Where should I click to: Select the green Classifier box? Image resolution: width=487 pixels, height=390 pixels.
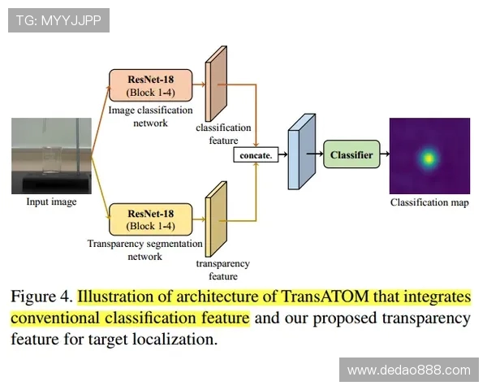coord(351,154)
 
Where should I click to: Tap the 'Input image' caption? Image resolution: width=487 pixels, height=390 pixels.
coord(50,201)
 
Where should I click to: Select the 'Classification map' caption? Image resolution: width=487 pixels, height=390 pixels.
coord(429,201)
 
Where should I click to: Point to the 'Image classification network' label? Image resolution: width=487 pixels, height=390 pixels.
coord(151,116)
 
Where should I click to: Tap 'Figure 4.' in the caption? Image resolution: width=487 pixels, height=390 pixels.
coord(41,296)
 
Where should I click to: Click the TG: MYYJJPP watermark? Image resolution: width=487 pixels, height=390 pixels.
coord(58,20)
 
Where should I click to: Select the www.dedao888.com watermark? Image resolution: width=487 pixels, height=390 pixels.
coord(408,370)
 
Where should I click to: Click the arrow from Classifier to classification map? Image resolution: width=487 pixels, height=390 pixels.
coord(385,154)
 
